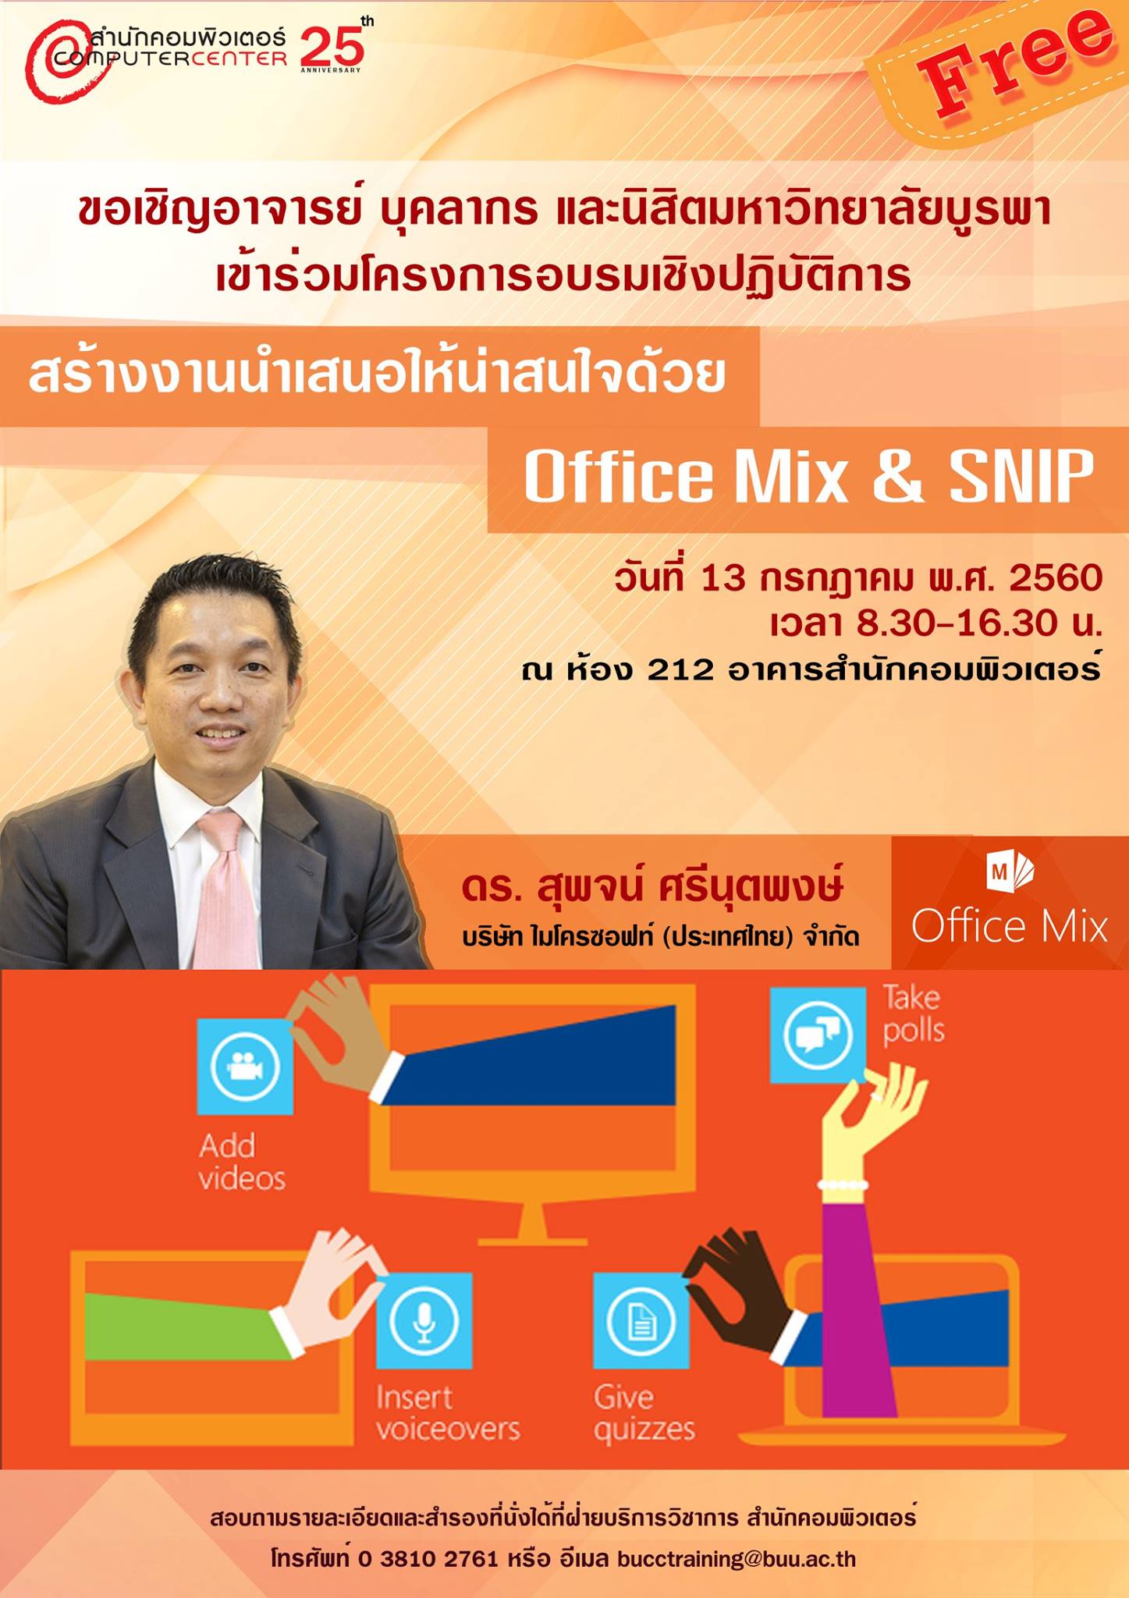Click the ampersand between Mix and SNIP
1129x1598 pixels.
click(898, 477)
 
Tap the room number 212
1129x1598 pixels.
click(680, 669)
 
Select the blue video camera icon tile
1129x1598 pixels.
click(245, 1067)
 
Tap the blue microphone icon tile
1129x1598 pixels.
click(424, 1321)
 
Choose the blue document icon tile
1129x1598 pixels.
click(641, 1321)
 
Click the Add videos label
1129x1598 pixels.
click(242, 1162)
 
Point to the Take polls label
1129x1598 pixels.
click(914, 1014)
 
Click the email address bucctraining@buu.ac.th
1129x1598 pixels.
click(737, 1559)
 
